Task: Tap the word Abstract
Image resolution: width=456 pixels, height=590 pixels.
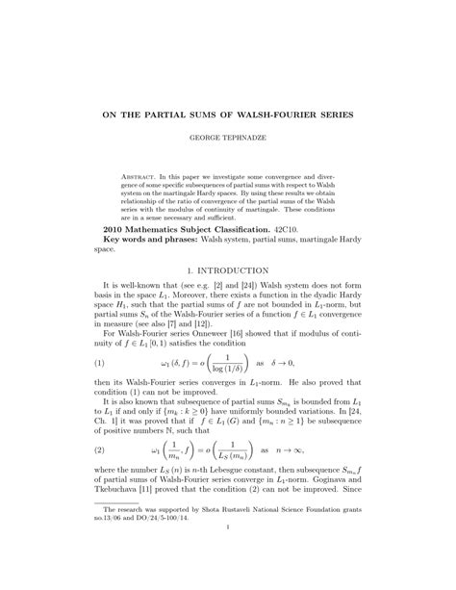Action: (139, 179)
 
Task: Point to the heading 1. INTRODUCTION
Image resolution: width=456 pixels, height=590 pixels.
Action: (228, 271)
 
